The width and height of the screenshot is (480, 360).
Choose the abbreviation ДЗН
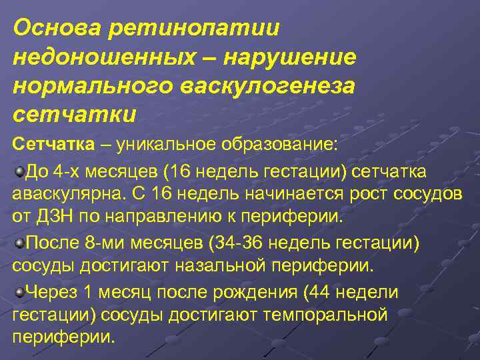51,217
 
